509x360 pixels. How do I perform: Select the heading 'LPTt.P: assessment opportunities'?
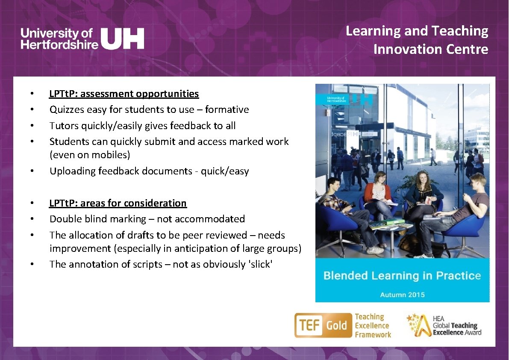pyautogui.click(x=124, y=94)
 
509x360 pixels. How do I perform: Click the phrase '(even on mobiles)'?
pyautogui.click(x=90, y=155)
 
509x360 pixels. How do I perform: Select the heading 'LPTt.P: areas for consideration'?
pyautogui.click(x=118, y=203)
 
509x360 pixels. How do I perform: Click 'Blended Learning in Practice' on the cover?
pyautogui.click(x=402, y=276)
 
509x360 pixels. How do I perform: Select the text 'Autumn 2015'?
pyautogui.click(x=402, y=295)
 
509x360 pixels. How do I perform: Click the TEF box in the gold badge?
pyautogui.click(x=309, y=326)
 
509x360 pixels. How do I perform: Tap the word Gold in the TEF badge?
pyautogui.click(x=336, y=326)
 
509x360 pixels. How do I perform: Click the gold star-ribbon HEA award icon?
pyautogui.click(x=418, y=326)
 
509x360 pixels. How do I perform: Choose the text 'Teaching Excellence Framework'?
pyautogui.click(x=372, y=326)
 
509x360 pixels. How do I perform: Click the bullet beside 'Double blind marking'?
pyautogui.click(x=32, y=219)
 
